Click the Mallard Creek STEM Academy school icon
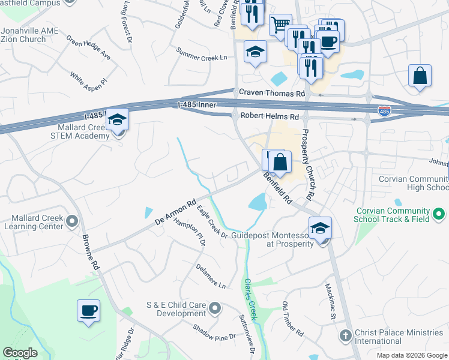tap(118, 120)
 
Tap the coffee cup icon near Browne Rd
tap(88, 311)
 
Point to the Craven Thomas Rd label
tap(272, 93)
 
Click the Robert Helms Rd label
tap(269, 116)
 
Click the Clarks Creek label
tap(250, 299)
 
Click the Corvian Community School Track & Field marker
tap(439, 214)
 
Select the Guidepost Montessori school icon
tap(320, 229)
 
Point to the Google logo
tap(20, 353)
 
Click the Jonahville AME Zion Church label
tap(23, 35)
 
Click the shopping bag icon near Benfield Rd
tap(280, 161)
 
